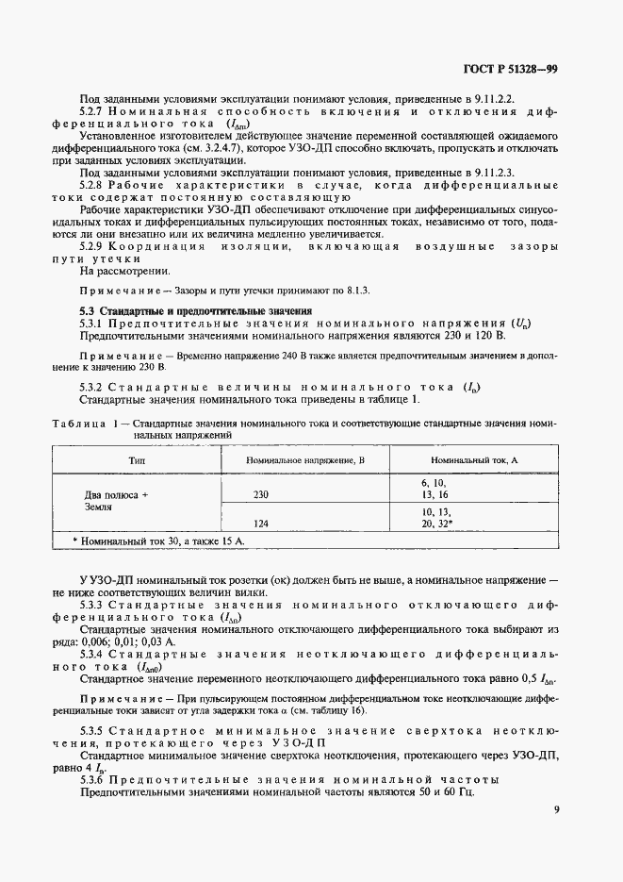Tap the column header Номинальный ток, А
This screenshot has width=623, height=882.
[x=467, y=458]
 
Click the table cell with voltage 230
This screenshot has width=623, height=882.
[x=261, y=493]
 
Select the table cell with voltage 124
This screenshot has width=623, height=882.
[x=261, y=522]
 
